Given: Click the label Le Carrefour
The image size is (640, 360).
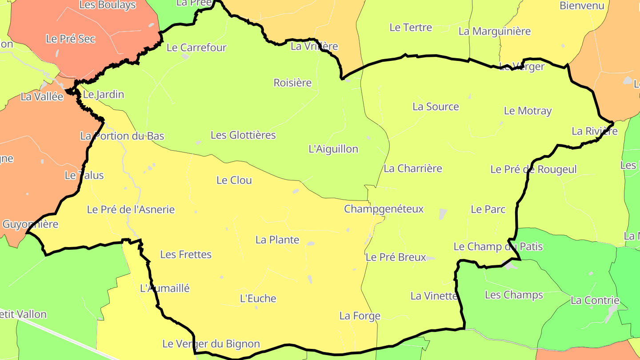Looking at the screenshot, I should point(196,48).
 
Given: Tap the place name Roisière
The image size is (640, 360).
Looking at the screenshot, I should point(292,83).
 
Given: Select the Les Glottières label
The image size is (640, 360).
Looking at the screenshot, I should point(243,135).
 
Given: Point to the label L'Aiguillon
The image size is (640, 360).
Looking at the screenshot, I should point(333,149).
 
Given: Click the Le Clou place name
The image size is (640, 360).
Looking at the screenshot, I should point(234,180).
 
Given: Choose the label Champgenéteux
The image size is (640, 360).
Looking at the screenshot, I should point(384,209).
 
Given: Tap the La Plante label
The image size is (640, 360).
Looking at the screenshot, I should point(277,240).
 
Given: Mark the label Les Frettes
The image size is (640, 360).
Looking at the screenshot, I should point(186,255).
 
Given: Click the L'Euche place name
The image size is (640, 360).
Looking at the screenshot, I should point(258,299).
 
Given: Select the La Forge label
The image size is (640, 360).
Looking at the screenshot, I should point(360,316).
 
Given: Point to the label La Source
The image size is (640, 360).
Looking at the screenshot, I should point(436,107).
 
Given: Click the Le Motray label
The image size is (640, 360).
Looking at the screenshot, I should point(528,111).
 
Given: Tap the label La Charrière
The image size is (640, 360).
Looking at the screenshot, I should point(413,168).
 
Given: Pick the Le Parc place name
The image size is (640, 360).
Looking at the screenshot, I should point(488,209).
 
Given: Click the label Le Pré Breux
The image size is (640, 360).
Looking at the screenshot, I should point(396,257).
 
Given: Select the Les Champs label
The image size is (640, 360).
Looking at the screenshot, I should point(514,295).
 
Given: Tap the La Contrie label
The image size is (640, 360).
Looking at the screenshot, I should point(595,300).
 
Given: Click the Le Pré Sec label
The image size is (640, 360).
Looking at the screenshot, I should point(71,39).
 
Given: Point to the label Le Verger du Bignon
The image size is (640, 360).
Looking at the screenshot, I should point(211,344).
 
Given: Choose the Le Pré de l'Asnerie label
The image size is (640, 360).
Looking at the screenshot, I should point(131,210).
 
